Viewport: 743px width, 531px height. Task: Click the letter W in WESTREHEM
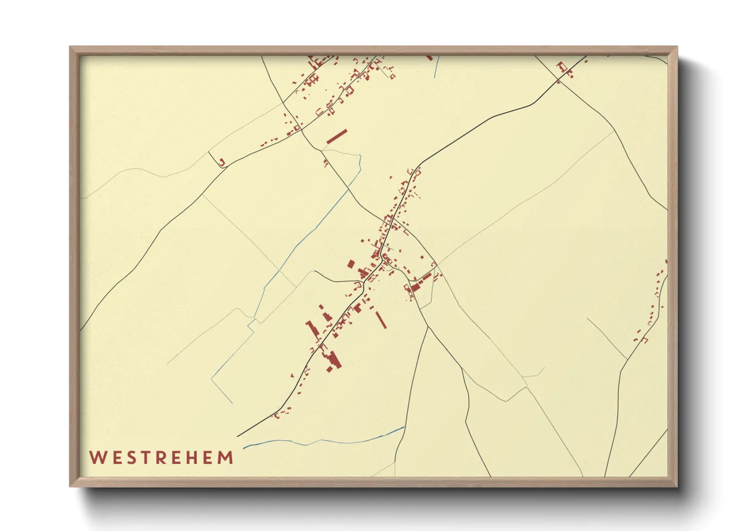97,458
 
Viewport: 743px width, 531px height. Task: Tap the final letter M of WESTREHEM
226,458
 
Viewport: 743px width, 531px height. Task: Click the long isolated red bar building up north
337,137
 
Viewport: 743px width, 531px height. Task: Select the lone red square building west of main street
351,263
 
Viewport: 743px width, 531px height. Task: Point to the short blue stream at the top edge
436,67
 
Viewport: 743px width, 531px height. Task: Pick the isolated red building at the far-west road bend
222,161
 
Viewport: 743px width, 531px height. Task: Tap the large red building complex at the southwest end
332,358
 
